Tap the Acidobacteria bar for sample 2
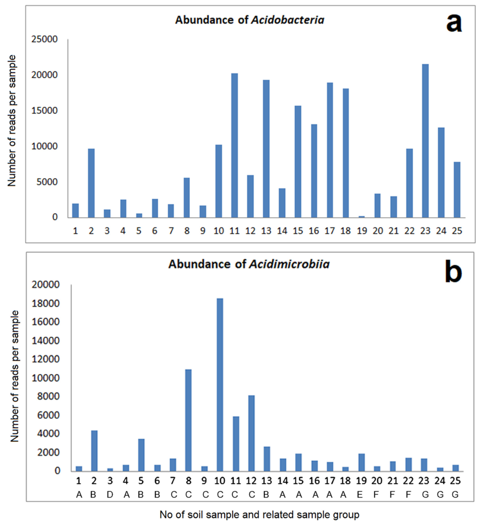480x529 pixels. point(91,183)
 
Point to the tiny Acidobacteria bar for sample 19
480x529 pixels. point(361,217)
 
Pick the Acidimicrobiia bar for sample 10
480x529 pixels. point(220,385)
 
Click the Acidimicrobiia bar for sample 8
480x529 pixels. point(188,420)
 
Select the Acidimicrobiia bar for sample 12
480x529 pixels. point(251,433)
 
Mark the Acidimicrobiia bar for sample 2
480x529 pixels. point(94,451)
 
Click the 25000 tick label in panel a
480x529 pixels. point(44,39)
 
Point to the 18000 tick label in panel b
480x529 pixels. point(46,303)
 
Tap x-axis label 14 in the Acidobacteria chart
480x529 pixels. point(282,231)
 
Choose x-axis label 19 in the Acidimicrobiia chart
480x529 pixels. point(361,481)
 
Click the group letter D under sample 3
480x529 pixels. point(110,494)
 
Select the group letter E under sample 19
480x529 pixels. point(360,494)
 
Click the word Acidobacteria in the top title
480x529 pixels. point(287,20)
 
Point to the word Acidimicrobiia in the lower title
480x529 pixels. point(289,264)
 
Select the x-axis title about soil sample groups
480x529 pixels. point(259,515)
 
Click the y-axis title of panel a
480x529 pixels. point(12,121)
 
